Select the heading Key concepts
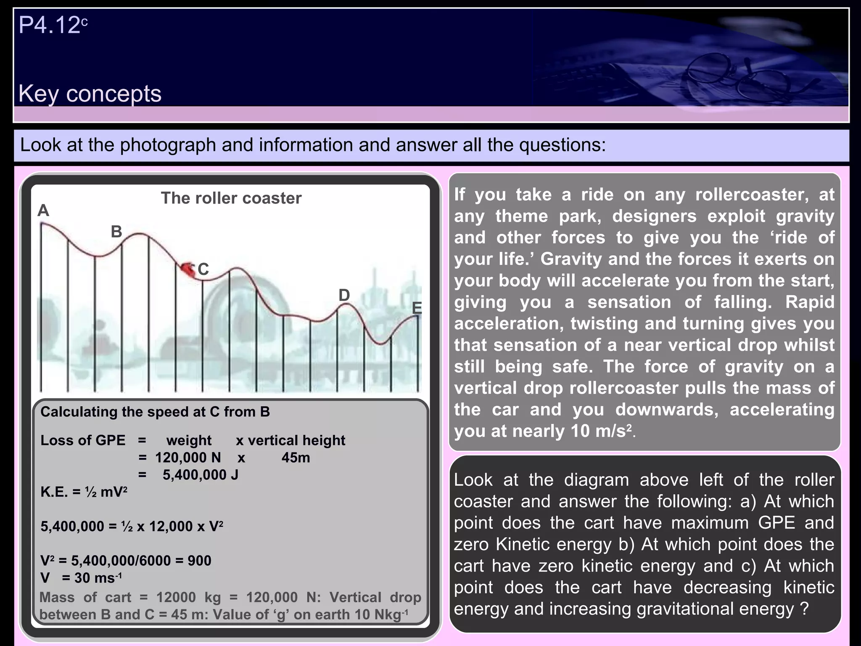coord(90,93)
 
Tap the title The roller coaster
coord(231,198)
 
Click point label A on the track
coord(43,210)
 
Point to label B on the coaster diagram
coord(116,232)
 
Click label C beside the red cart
coord(203,269)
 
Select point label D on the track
coord(344,295)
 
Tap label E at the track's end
coord(417,308)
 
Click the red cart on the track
coord(188,269)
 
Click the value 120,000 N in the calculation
coord(188,458)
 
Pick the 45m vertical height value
coord(296,458)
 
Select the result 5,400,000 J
coord(201,475)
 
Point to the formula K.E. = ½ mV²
coord(84,492)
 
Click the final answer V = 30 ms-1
coord(81,578)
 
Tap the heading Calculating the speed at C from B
coord(155,412)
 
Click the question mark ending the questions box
coord(805,609)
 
